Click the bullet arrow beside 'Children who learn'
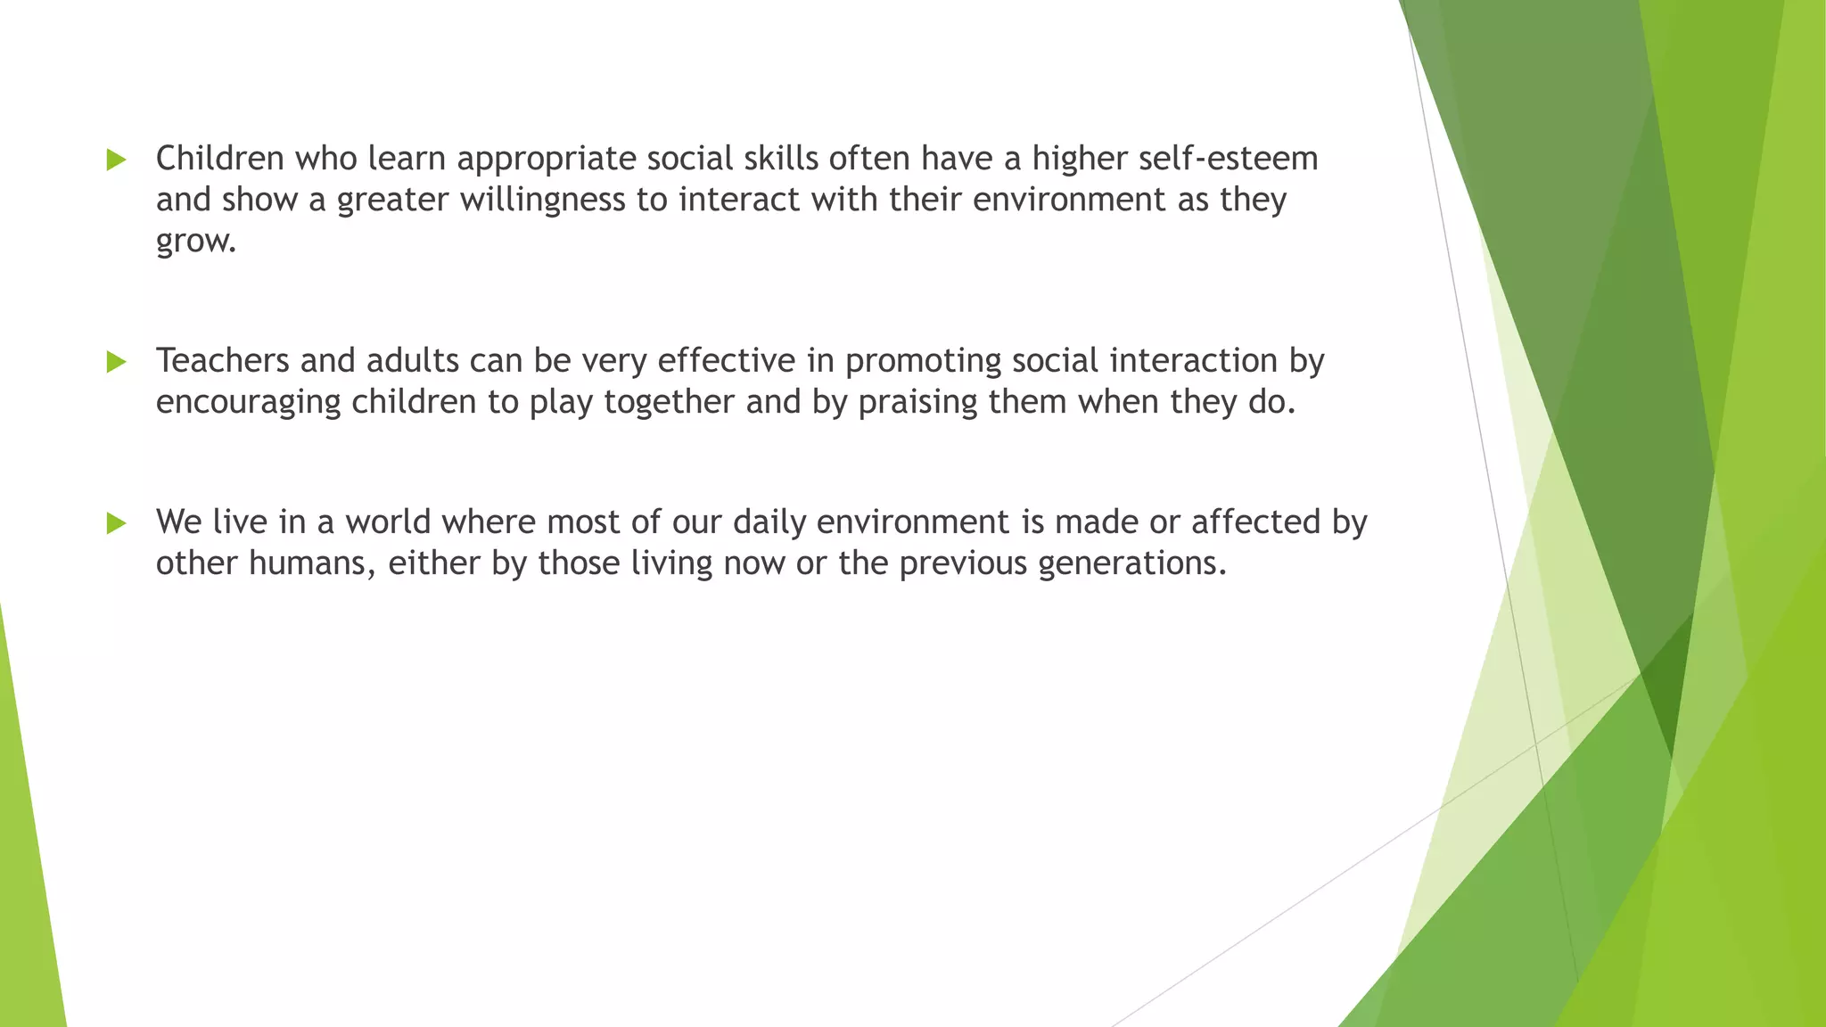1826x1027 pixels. [116, 160]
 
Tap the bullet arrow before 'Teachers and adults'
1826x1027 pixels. [116, 362]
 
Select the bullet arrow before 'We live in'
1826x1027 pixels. [116, 523]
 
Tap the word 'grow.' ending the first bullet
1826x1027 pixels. [196, 242]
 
